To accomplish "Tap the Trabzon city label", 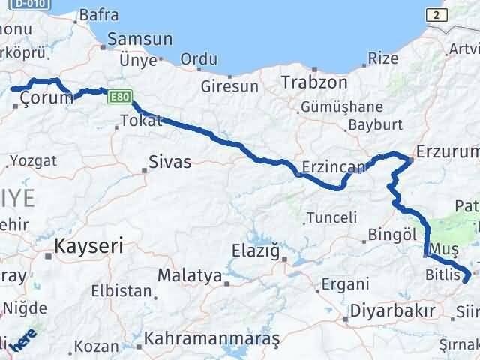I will click(x=314, y=81).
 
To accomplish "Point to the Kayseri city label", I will click(x=88, y=245).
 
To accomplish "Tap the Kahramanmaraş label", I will click(x=212, y=339).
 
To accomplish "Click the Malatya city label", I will click(x=190, y=275).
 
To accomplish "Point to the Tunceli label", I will click(x=330, y=218).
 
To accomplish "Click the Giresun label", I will click(x=229, y=86).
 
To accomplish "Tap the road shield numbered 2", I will click(x=435, y=14).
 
